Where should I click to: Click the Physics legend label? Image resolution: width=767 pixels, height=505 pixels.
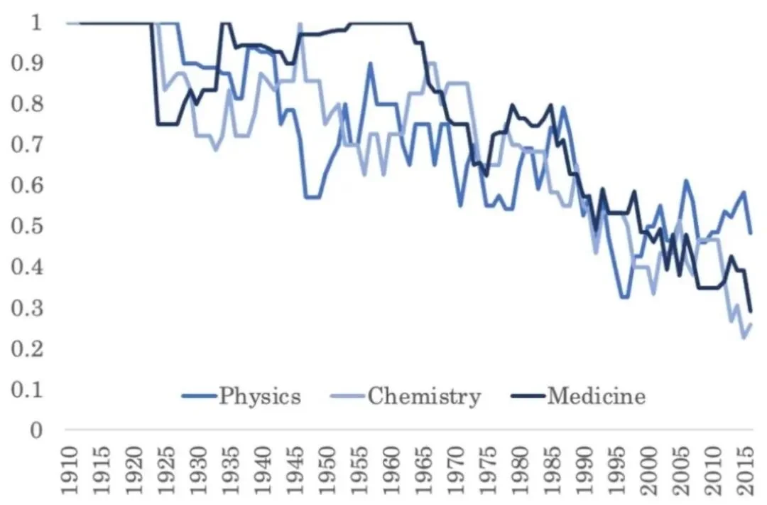[260, 395]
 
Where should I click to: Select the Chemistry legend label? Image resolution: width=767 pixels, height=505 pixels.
[424, 395]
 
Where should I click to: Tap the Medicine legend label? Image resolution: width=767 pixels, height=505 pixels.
[597, 395]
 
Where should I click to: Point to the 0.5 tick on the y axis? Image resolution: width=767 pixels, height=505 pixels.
[27, 226]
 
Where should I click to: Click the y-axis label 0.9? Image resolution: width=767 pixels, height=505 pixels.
[27, 63]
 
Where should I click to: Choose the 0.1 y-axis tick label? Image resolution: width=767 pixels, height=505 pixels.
[27, 390]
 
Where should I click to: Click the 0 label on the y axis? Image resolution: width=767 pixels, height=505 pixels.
[36, 430]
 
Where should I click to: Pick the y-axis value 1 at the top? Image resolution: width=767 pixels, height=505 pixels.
[37, 23]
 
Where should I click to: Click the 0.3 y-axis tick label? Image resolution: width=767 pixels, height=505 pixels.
[27, 308]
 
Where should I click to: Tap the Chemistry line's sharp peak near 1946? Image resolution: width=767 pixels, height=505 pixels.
[300, 23]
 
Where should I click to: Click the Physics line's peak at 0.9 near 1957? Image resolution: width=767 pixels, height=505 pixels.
[371, 63]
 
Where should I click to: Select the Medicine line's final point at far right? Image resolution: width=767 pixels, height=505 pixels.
[751, 312]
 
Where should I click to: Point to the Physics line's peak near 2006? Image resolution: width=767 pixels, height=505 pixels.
[686, 181]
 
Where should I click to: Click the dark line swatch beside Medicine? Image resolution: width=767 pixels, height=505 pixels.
[528, 395]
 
